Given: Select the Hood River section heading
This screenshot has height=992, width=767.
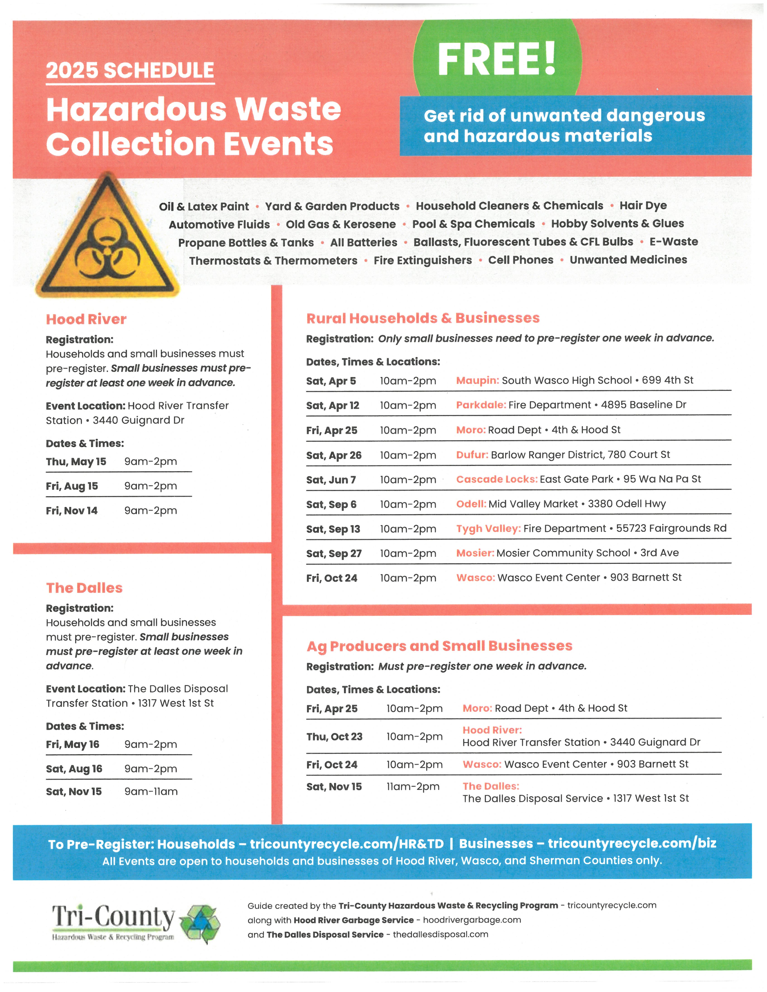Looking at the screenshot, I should [x=86, y=319].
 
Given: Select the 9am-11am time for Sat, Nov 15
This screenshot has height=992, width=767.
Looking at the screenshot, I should [x=151, y=792].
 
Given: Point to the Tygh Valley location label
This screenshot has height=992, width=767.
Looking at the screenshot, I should [x=488, y=529].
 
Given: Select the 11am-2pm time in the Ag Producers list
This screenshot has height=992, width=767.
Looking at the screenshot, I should [x=413, y=787].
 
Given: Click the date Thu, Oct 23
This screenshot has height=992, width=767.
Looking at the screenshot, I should [x=334, y=737].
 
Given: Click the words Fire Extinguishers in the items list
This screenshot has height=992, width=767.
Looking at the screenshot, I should [x=423, y=260].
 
